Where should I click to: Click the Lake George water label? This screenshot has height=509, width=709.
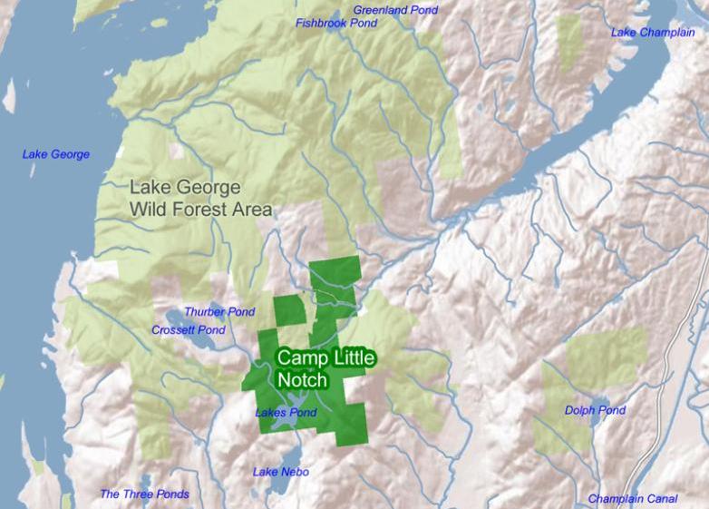56,154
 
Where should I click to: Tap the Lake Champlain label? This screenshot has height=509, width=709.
653,33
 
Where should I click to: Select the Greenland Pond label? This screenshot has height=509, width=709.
395,10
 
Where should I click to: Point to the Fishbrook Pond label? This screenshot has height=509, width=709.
336,23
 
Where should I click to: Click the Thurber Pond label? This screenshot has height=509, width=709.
219,312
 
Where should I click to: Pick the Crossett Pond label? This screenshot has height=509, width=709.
189,330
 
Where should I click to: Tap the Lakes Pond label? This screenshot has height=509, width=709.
286,413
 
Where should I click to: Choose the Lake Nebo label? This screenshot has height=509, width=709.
280,472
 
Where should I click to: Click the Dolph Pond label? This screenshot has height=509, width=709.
595,411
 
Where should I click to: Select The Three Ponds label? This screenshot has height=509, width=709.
144,494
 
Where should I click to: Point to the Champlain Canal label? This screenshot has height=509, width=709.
632,499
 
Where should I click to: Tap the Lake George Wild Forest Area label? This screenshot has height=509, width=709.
200,199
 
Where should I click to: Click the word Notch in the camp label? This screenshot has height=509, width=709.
301,380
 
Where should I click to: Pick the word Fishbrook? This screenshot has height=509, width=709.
322,23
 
